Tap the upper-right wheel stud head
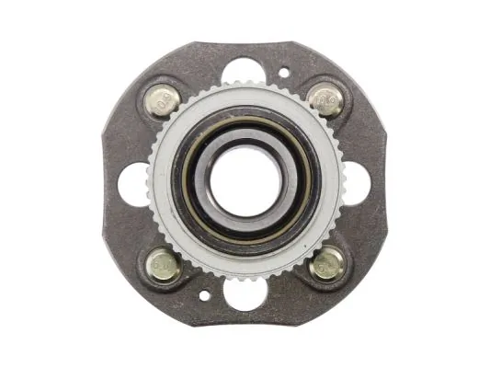pyautogui.click(x=325, y=98)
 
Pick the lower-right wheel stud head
pyautogui.click(x=326, y=264)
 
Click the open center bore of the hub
pyautogui.click(x=245, y=181)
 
